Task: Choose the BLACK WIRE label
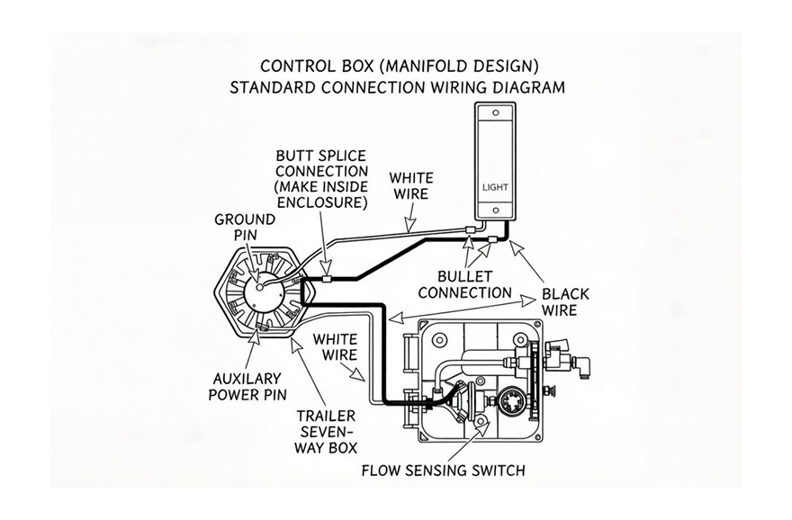point(564,302)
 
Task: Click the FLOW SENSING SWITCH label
point(443,470)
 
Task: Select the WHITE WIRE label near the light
point(410,184)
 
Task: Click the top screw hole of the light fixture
point(494,113)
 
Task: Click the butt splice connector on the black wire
point(326,278)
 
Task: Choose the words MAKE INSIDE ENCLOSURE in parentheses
point(321,194)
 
